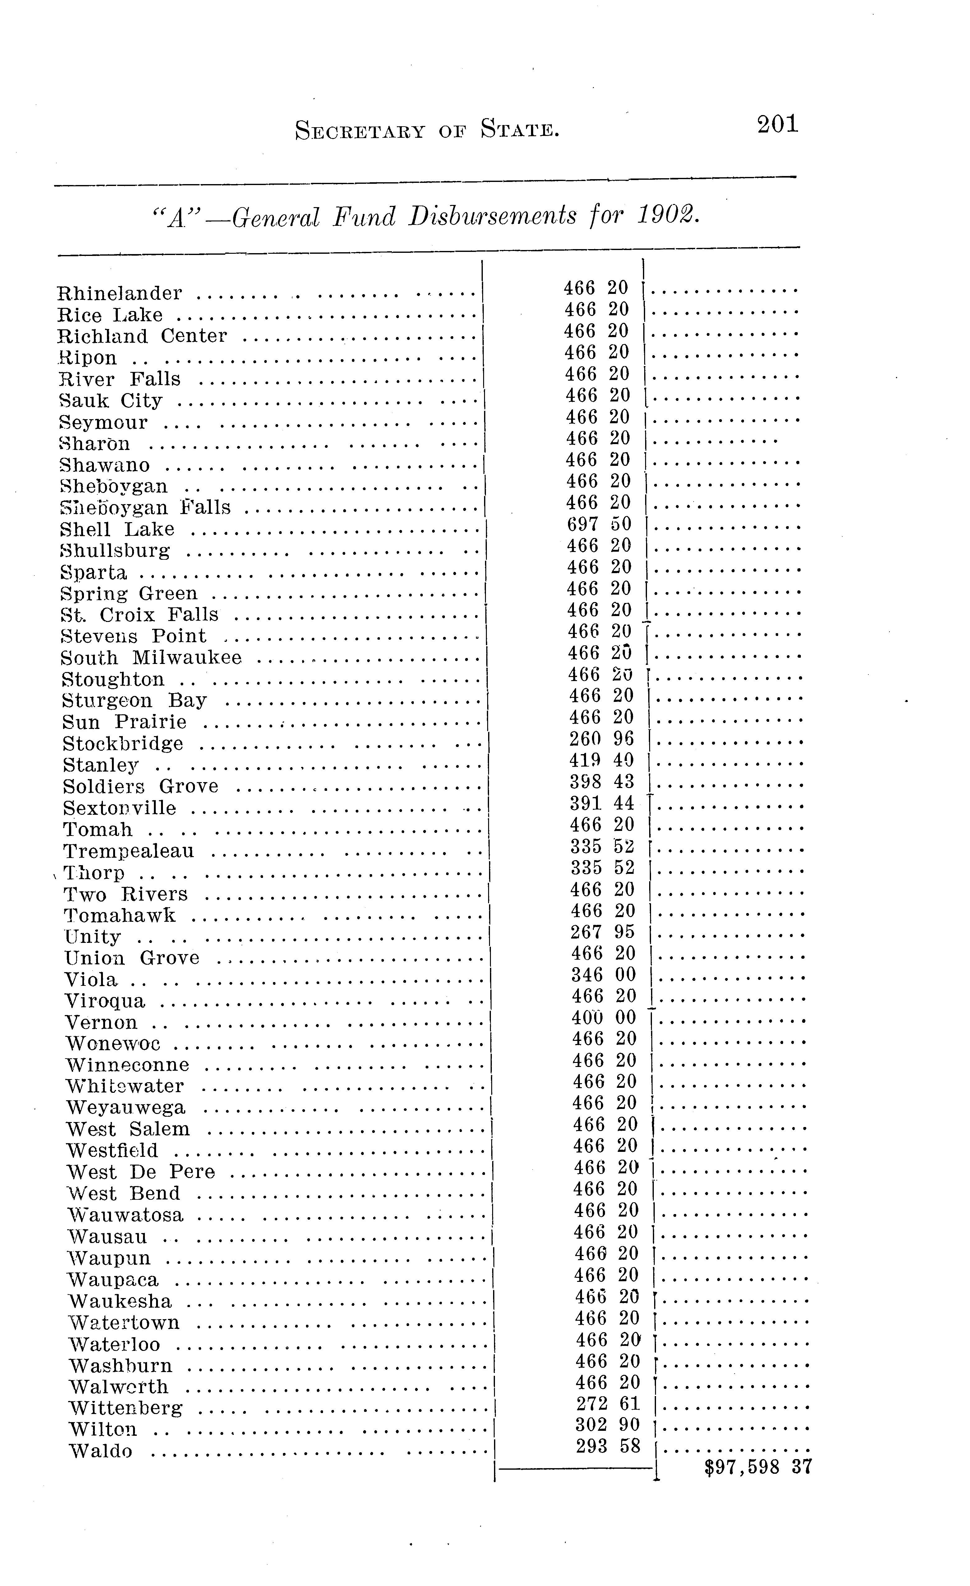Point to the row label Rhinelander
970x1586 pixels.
click(120, 294)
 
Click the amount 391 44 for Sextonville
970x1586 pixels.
click(602, 803)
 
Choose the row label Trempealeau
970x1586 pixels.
click(129, 851)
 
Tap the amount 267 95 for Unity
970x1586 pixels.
click(603, 932)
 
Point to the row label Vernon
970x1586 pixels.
click(101, 1023)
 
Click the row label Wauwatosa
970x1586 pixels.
click(126, 1215)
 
